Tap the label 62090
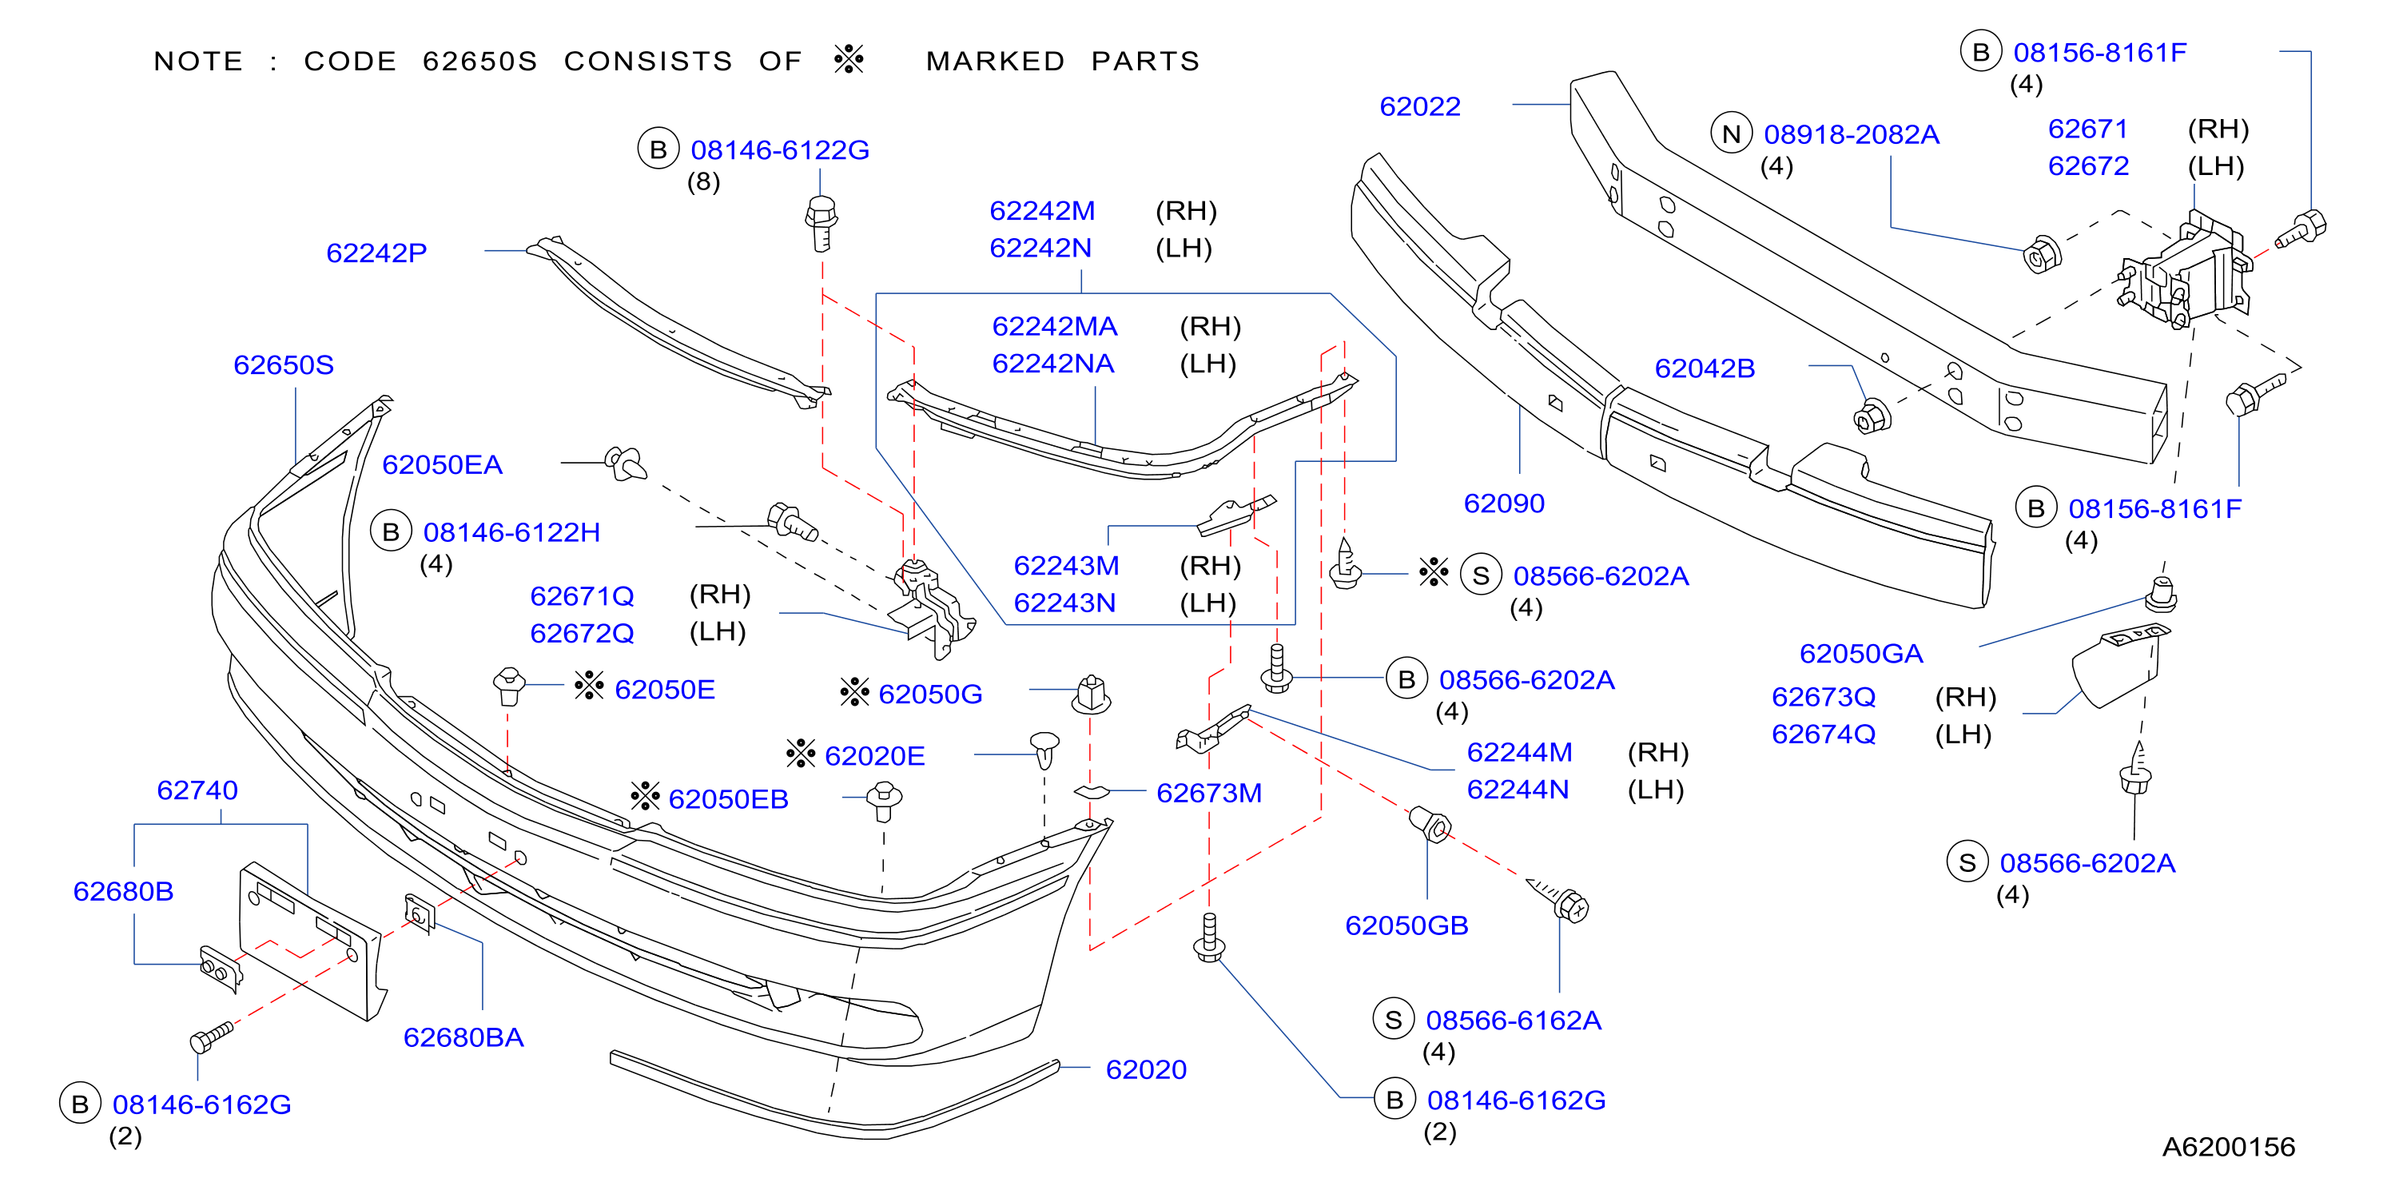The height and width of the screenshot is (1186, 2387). click(1504, 503)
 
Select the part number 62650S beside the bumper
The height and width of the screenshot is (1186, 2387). click(284, 365)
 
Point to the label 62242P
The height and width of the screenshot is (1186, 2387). click(376, 253)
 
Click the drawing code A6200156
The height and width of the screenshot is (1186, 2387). click(2229, 1147)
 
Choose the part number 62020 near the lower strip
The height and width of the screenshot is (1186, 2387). click(1146, 1069)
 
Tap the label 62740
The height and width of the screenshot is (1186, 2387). click(197, 790)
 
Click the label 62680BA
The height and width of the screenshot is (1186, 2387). click(463, 1037)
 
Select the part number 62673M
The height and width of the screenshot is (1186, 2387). click(1209, 793)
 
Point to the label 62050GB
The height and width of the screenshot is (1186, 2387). click(1406, 925)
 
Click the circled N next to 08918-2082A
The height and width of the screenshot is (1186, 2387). click(1731, 135)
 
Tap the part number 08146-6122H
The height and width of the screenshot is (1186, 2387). click(511, 533)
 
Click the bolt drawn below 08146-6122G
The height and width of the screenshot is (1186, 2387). click(821, 222)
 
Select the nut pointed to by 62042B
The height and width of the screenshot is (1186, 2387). click(1872, 417)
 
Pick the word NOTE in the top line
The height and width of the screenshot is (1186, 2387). click(198, 62)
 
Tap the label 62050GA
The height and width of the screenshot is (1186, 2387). click(1860, 655)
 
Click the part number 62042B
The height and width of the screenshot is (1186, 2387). click(1705, 368)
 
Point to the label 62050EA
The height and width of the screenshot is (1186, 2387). click(442, 465)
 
